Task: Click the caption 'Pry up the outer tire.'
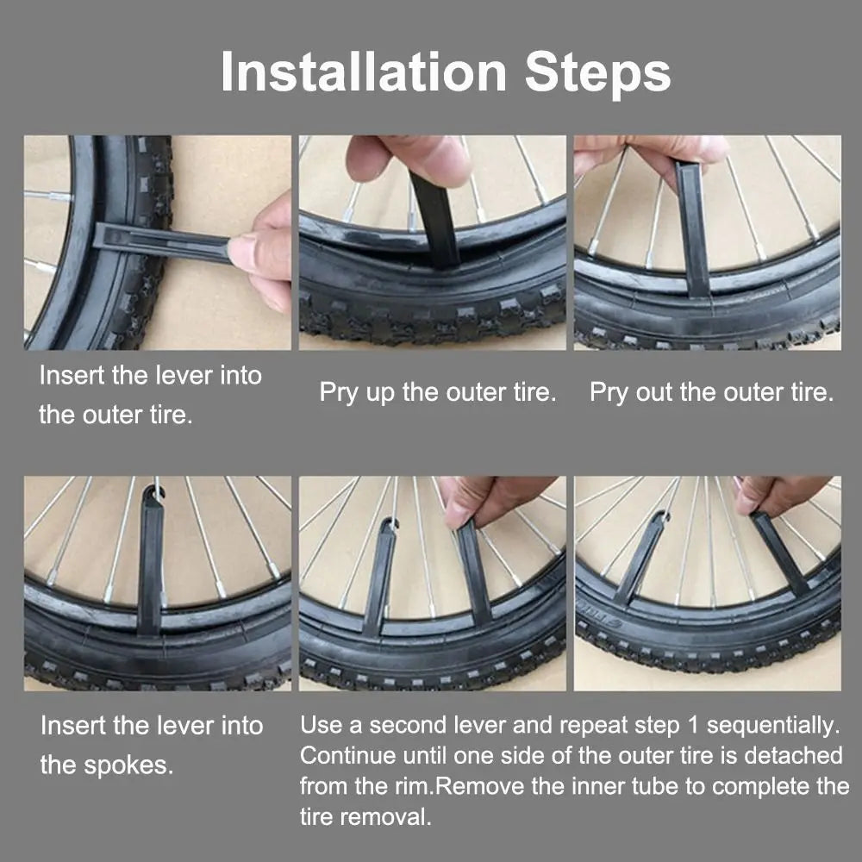point(438,393)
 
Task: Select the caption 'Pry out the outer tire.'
point(712,393)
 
